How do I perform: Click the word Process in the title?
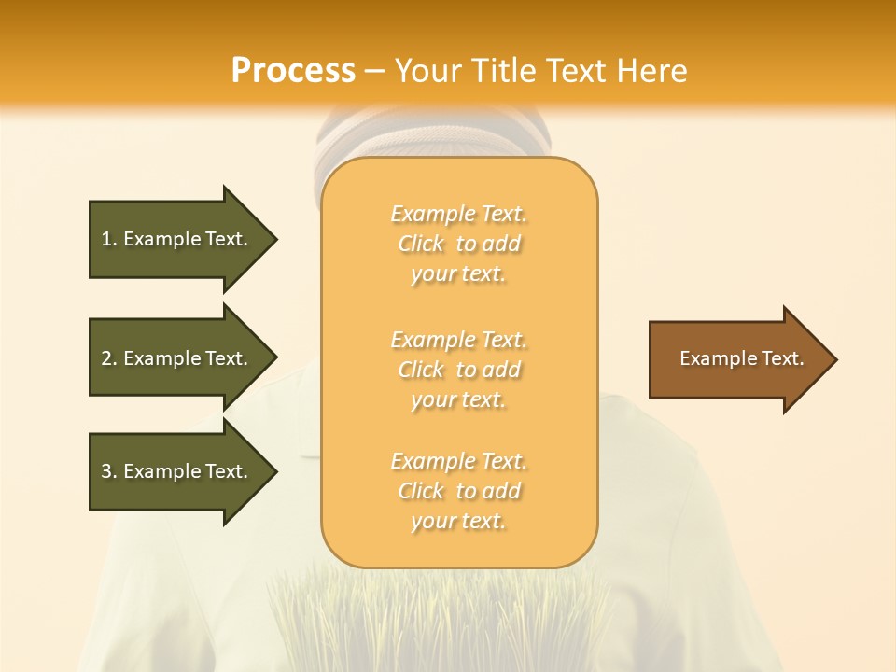tap(293, 71)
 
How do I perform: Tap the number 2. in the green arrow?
tap(109, 358)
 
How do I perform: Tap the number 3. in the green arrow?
tap(109, 471)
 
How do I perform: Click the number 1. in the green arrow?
tap(109, 239)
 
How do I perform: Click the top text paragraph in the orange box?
tap(459, 244)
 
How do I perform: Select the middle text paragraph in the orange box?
tap(459, 370)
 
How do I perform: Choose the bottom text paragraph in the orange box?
tap(459, 491)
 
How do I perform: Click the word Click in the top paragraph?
tap(421, 244)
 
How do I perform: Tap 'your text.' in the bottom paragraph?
tap(458, 521)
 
